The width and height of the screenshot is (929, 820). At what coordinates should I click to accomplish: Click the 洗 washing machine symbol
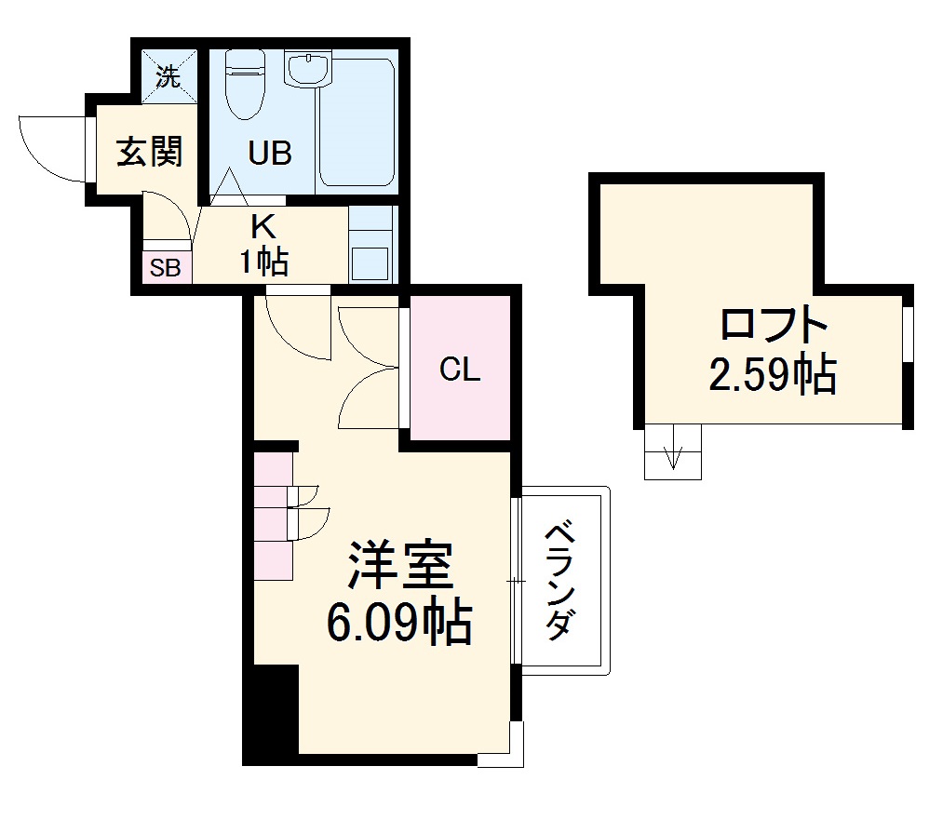tap(168, 76)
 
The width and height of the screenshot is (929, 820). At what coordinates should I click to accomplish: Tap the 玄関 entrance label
tap(148, 151)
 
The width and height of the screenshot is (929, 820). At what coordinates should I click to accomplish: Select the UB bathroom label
tap(270, 153)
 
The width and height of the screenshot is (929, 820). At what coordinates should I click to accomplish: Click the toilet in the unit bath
tap(245, 84)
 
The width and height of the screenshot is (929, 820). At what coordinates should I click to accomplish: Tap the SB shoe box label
tap(166, 268)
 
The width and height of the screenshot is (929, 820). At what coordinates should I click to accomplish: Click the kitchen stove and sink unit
tap(372, 245)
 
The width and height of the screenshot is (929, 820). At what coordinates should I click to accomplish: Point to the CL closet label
tap(460, 370)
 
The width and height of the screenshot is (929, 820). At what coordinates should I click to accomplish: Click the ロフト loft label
tap(773, 327)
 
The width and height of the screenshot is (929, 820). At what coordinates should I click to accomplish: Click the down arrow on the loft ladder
tap(673, 456)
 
